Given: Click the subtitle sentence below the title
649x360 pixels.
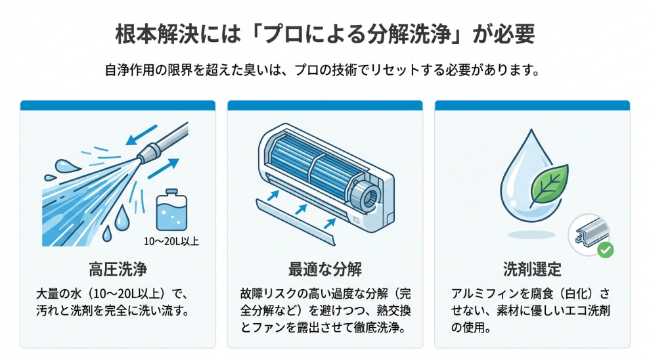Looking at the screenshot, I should [324, 70].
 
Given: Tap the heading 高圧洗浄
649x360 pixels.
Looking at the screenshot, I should [118, 269].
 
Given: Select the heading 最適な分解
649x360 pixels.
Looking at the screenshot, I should [324, 269].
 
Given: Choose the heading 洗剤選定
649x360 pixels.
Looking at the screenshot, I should [532, 269].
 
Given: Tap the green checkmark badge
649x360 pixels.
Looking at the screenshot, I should [606, 250].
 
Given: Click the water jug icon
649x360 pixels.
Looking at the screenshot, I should [171, 211].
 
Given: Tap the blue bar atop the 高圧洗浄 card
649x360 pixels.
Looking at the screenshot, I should [118, 105].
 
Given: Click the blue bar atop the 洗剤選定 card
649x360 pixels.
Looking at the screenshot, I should [532, 105].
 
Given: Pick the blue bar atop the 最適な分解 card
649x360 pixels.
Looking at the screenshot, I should [324, 105].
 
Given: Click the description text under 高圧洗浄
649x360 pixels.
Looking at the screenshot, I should [118, 302].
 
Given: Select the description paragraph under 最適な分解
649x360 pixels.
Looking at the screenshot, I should [324, 309].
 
